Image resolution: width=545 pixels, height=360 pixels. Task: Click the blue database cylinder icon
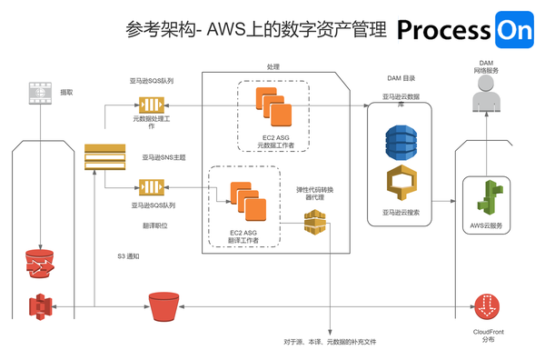coord(400,139)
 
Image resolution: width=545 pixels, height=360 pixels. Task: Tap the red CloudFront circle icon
coord(489,306)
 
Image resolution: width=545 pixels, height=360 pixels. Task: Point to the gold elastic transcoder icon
coord(315,223)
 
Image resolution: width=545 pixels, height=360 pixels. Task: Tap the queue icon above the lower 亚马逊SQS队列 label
coord(147,187)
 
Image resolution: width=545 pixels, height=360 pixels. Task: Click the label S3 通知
coord(128,255)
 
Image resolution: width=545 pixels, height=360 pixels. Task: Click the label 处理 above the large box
coord(273,66)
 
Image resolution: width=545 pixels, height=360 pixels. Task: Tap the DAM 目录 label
coord(400,78)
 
